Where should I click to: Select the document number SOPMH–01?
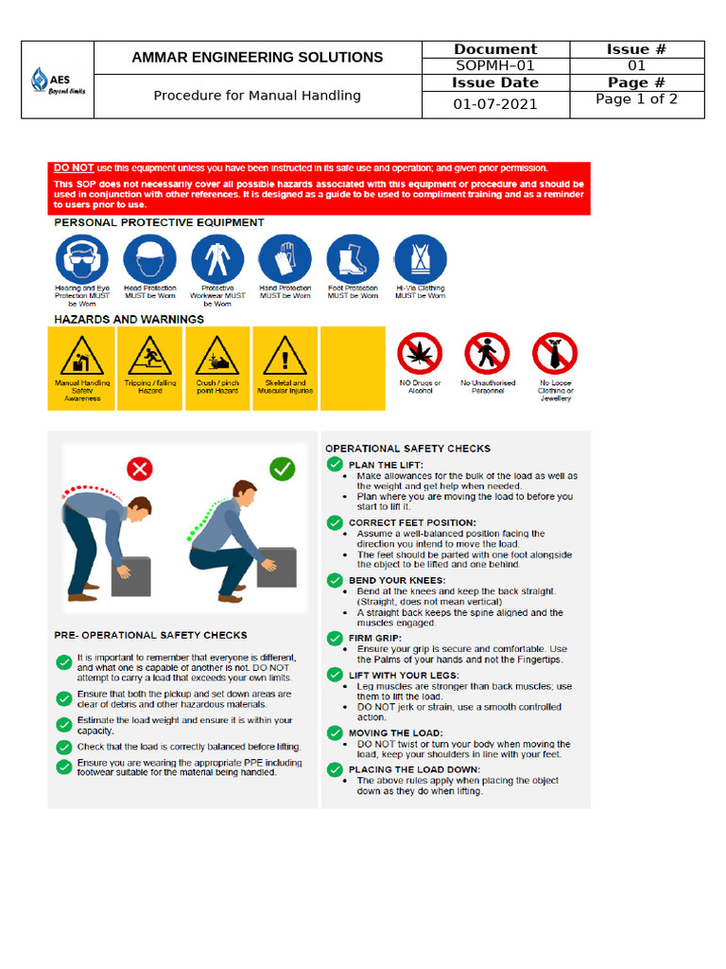click(494, 66)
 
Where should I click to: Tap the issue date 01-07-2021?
click(494, 104)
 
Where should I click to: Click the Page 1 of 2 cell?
click(635, 99)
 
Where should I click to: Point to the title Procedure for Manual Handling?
click(257, 96)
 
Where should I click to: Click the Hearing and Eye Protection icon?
click(82, 259)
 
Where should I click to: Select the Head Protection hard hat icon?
click(149, 259)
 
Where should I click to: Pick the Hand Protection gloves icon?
click(285, 259)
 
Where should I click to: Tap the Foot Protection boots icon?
click(353, 259)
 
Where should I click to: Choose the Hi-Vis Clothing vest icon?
click(420, 259)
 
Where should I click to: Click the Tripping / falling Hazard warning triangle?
click(150, 357)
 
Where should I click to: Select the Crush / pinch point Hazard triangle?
click(217, 357)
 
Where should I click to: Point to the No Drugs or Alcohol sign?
click(420, 354)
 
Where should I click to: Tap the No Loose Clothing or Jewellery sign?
click(555, 354)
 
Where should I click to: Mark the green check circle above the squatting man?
click(282, 467)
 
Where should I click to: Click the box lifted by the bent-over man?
click(130, 575)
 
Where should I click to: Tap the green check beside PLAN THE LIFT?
click(335, 465)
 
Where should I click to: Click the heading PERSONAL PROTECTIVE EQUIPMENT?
click(159, 222)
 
